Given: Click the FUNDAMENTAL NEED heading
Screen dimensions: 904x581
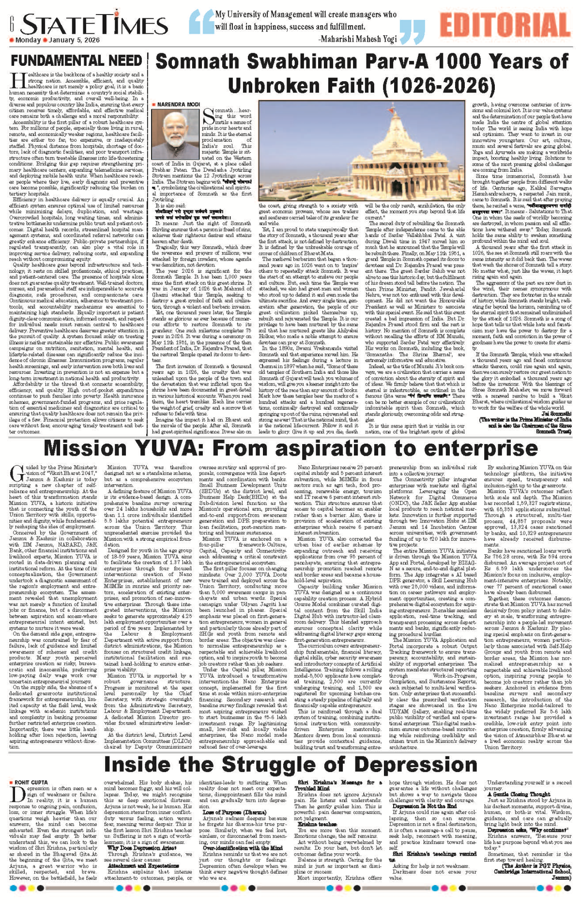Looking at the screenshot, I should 76,61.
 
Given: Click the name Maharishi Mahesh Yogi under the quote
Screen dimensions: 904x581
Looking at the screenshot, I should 358,39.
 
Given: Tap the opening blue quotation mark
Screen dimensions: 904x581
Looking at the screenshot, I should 199,24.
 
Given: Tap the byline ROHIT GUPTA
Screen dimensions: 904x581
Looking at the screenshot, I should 31,782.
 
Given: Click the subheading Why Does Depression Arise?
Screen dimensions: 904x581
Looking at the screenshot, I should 141,848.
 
